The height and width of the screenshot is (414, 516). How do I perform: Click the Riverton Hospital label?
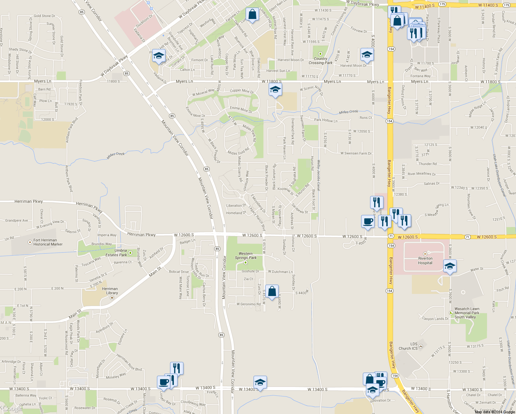[425, 260]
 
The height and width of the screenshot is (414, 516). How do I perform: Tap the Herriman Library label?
[110, 291]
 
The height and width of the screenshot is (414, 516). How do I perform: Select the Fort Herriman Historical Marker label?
[48, 242]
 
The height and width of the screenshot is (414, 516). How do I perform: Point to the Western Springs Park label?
[246, 256]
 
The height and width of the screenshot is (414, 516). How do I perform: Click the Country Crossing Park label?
[320, 61]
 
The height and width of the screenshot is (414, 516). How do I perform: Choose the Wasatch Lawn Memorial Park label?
[467, 313]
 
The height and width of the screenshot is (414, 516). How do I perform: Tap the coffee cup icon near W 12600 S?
[368, 221]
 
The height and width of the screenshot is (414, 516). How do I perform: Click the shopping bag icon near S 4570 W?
[272, 292]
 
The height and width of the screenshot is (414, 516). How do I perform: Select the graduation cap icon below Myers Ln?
[275, 90]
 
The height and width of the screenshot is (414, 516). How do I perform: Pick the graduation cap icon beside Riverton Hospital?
[450, 266]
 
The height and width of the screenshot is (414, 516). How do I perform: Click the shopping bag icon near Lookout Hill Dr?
[252, 14]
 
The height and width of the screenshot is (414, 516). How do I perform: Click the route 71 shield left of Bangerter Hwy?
[391, 236]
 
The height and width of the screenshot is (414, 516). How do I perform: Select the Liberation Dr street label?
[236, 206]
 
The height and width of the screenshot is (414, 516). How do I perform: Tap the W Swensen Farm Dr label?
[356, 153]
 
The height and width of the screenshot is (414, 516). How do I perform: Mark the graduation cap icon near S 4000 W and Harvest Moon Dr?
[367, 55]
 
